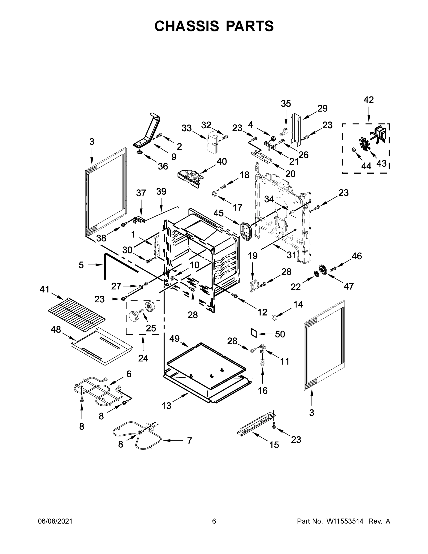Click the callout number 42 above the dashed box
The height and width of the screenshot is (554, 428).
(368, 100)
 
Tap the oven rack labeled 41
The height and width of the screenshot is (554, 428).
(77, 313)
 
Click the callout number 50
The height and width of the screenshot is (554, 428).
(280, 334)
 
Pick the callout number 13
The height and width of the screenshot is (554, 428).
(167, 406)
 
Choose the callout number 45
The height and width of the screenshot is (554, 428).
(218, 213)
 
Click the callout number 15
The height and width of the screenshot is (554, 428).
(274, 445)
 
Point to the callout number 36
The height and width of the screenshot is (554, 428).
(163, 166)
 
